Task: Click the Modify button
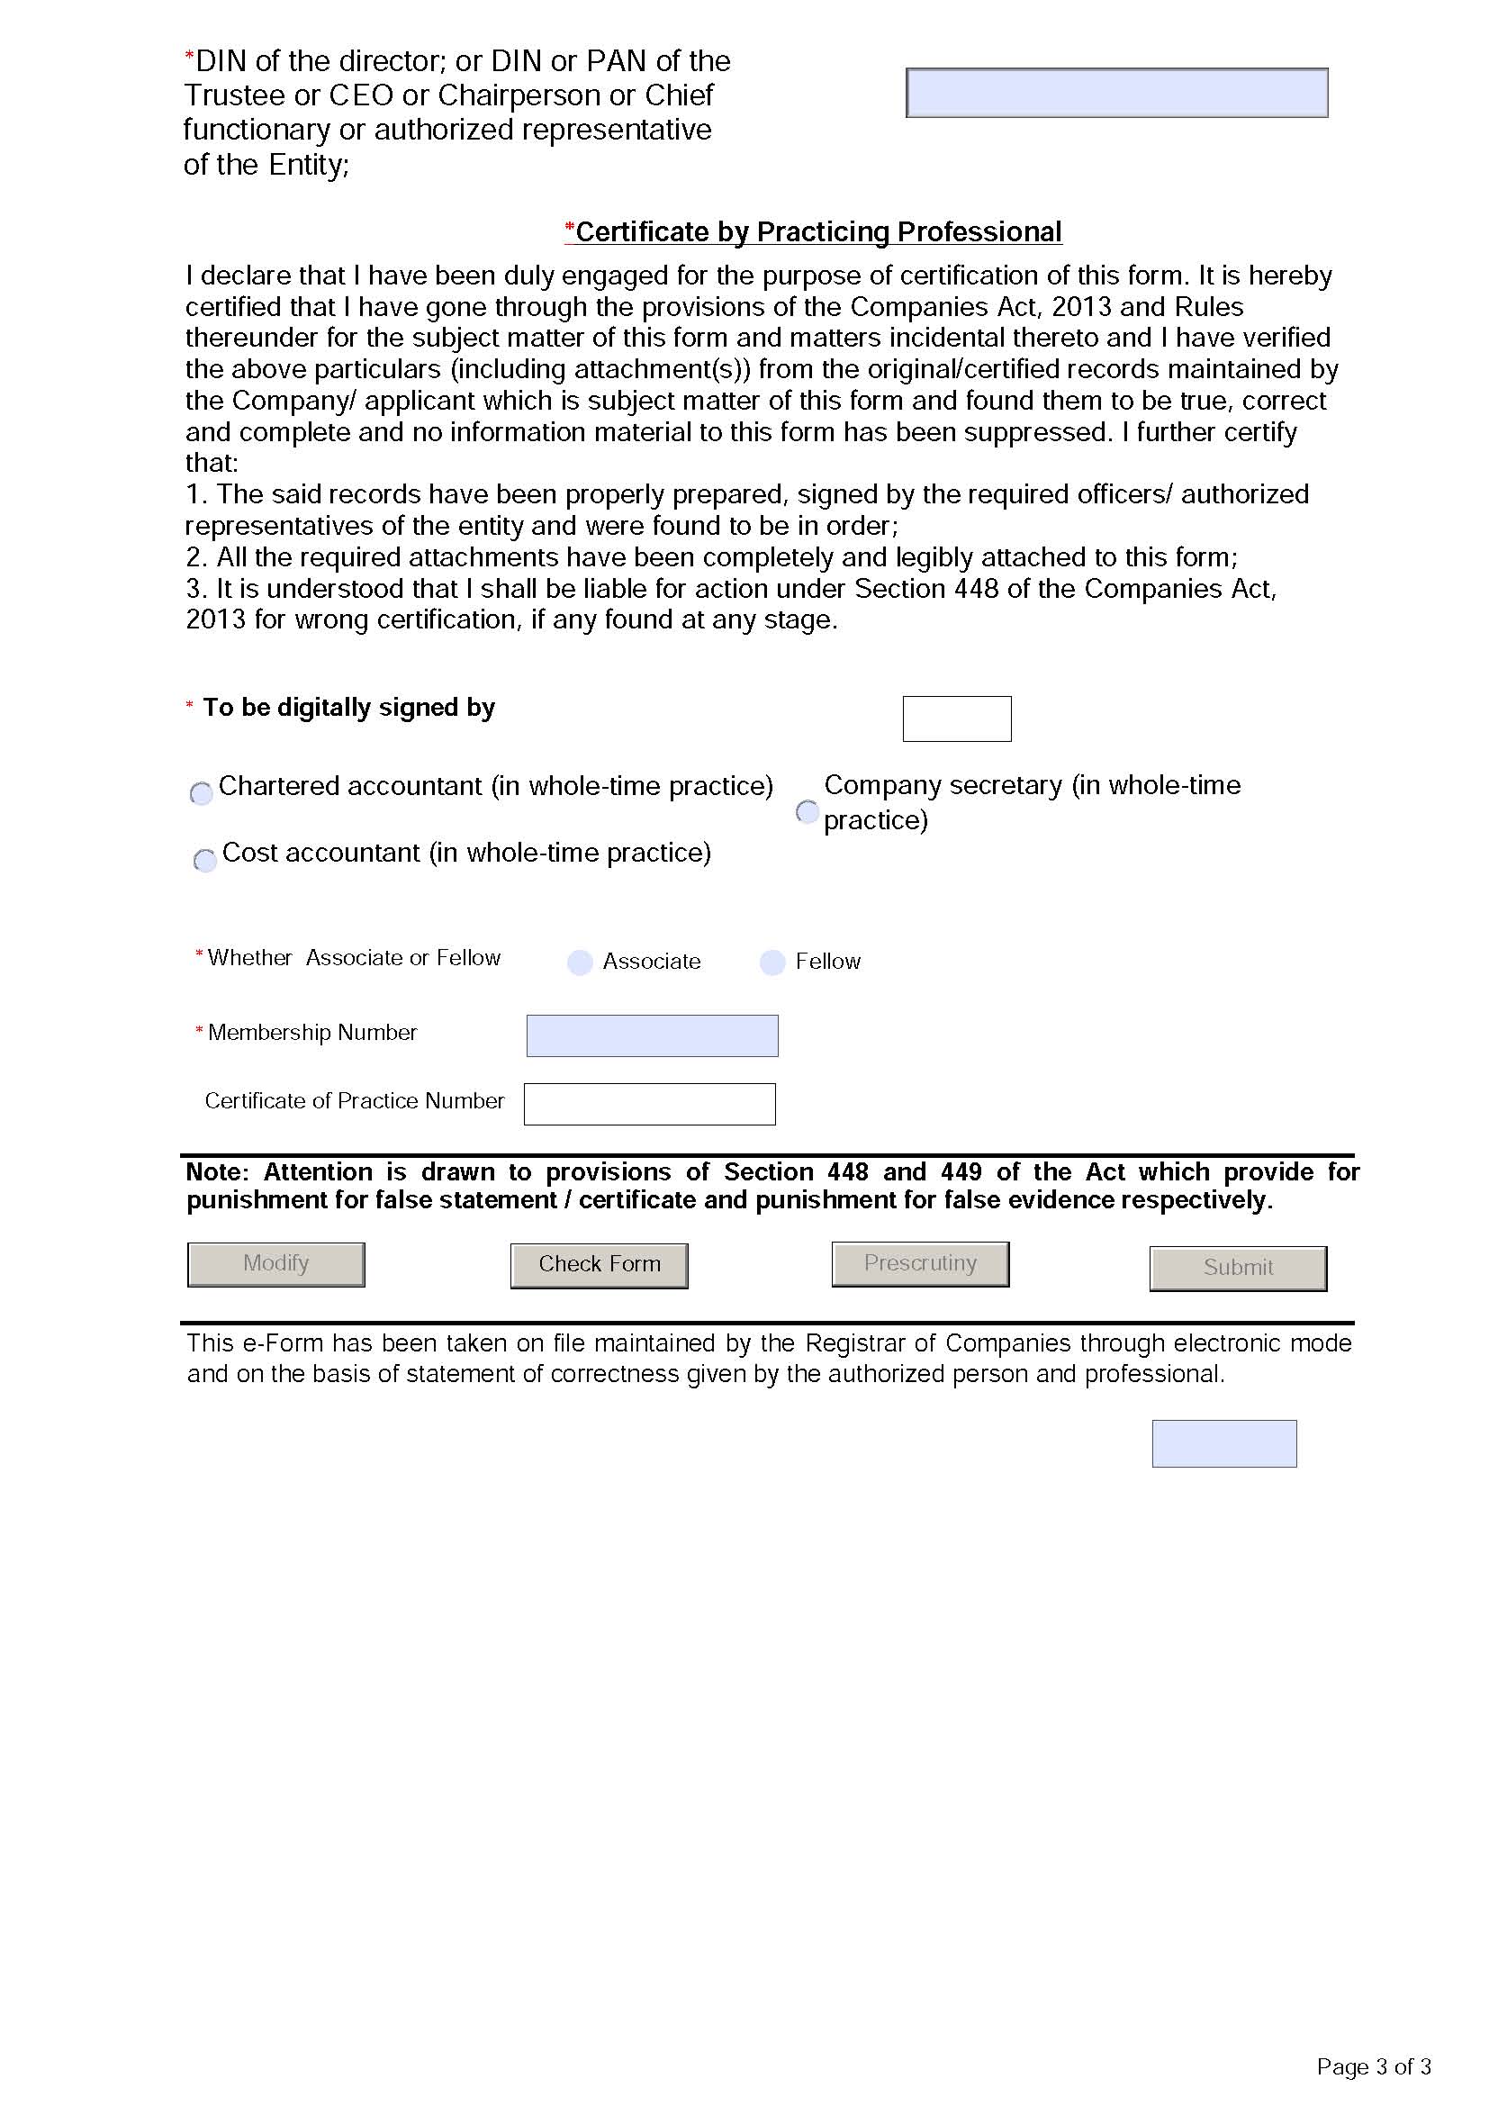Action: coord(276,1264)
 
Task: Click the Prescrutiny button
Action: coord(920,1264)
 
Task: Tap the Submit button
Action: coord(1238,1268)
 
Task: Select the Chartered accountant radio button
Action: coord(202,792)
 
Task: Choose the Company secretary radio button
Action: coord(807,811)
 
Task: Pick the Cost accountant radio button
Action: coord(205,860)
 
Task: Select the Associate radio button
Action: coord(580,963)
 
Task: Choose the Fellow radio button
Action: coord(773,963)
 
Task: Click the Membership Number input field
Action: coord(652,1035)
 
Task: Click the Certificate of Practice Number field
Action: coord(649,1104)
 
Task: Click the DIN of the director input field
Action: coord(1115,93)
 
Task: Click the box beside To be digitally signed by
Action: coord(956,719)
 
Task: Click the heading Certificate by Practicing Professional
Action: coord(817,232)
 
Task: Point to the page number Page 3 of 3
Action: coord(1373,2066)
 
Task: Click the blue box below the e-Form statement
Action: coord(1224,1442)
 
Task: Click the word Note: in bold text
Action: coord(217,1171)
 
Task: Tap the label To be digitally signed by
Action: coord(348,707)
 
